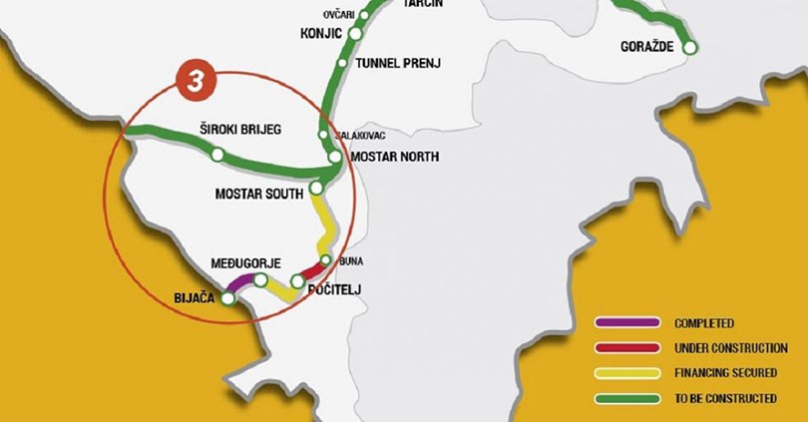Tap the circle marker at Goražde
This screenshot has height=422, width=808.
(689, 47)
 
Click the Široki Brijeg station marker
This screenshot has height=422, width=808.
(216, 155)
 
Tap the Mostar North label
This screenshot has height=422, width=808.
(396, 158)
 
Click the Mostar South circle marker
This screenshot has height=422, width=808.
(316, 188)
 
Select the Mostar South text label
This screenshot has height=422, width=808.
(258, 194)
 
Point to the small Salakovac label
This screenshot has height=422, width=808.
(359, 136)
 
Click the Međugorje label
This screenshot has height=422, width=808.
(238, 263)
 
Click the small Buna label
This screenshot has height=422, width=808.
(351, 261)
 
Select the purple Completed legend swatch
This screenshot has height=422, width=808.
(627, 323)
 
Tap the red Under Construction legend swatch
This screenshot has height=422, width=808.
(627, 348)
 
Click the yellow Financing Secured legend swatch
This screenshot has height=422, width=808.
(627, 373)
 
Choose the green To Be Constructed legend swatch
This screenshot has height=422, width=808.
(627, 398)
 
